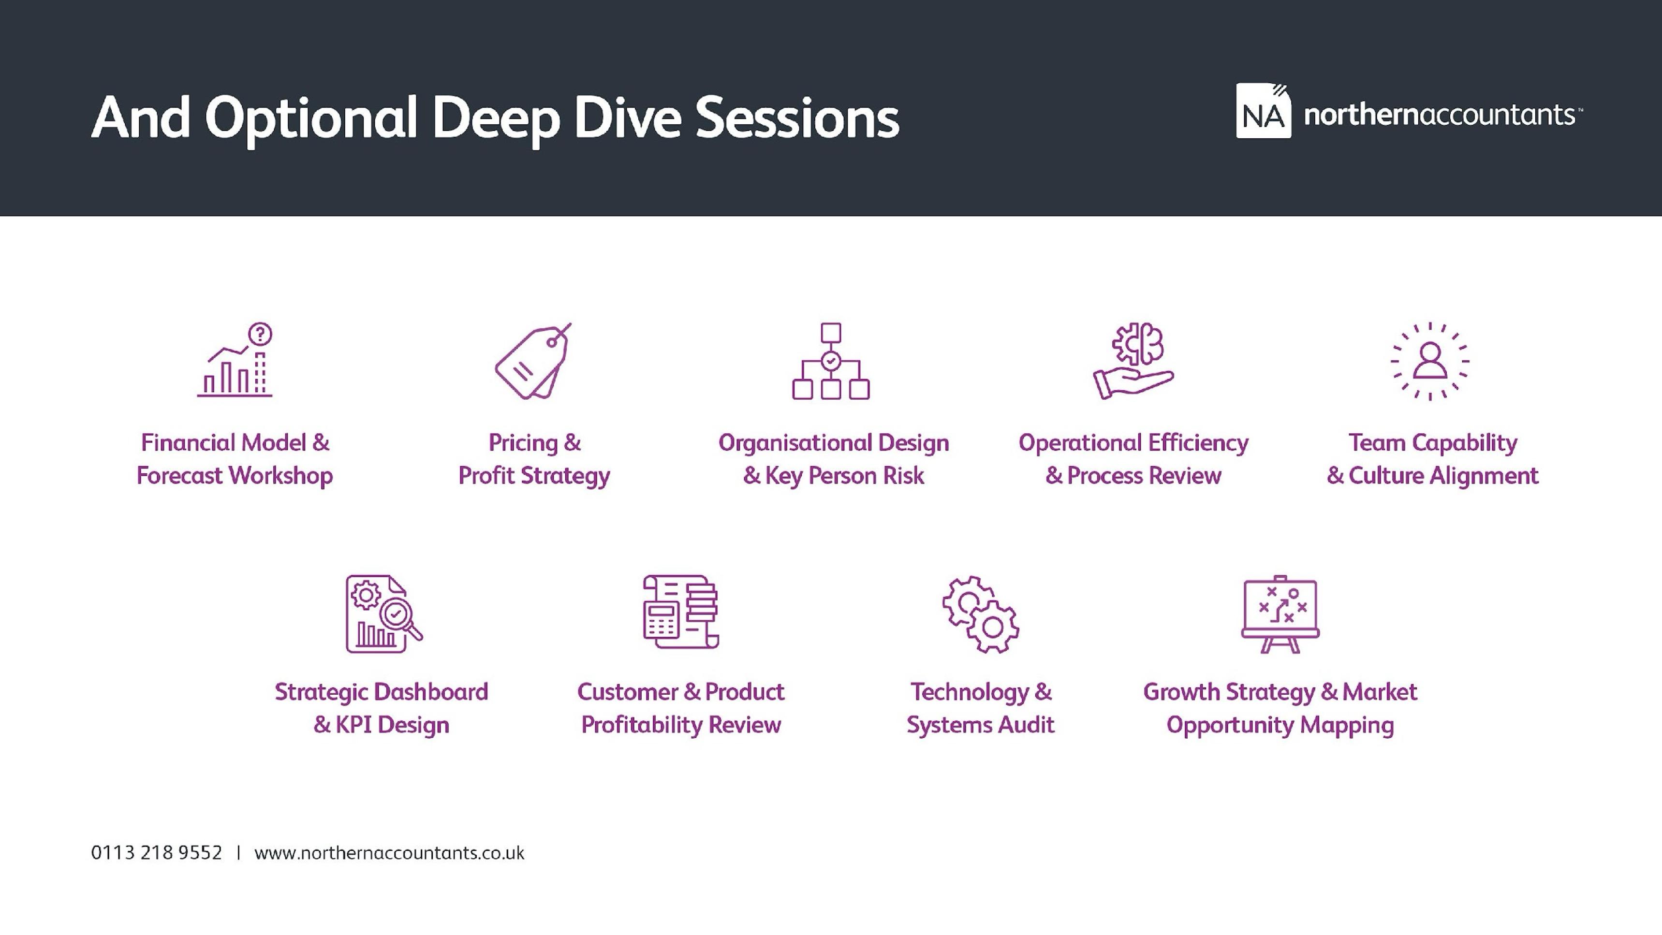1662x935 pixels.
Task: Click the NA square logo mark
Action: (x=1263, y=111)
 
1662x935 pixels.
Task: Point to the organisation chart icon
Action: (x=830, y=361)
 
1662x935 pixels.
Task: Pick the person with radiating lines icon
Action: (x=1430, y=361)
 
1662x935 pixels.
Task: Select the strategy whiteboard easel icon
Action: (x=1280, y=614)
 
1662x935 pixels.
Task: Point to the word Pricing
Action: (x=523, y=443)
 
